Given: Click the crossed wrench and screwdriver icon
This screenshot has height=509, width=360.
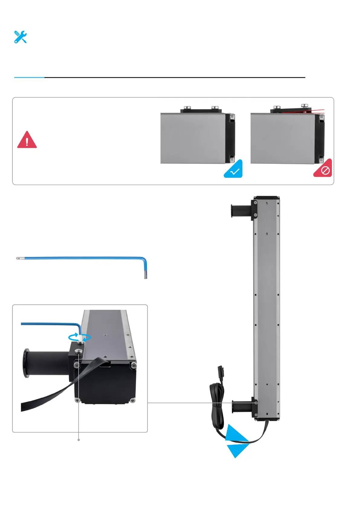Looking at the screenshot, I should (x=21, y=37).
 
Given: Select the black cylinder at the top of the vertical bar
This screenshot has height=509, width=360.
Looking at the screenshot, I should (x=241, y=210).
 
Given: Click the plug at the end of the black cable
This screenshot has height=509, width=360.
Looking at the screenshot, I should (x=220, y=370).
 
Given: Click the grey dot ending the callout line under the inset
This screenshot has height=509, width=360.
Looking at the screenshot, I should (x=79, y=440).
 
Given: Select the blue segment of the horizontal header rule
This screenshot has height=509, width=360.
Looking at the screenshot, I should (x=29, y=78).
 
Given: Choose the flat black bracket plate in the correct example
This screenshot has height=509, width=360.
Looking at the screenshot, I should (x=201, y=111).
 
